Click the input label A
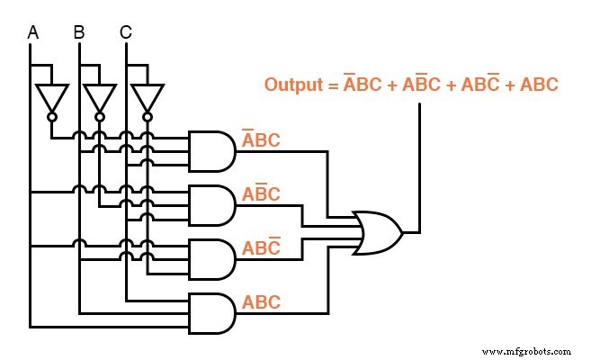pyautogui.click(x=33, y=33)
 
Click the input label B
pyautogui.click(x=79, y=33)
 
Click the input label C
pyautogui.click(x=126, y=33)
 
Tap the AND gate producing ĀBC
pyautogui.click(x=211, y=150)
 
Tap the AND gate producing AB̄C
pyautogui.click(x=211, y=205)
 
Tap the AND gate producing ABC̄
pyautogui.click(x=211, y=259)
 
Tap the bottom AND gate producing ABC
pyautogui.click(x=211, y=313)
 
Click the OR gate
pyautogui.click(x=378, y=232)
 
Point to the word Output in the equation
pyautogui.click(x=293, y=85)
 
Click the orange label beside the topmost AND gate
pyautogui.click(x=261, y=139)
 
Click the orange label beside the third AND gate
pyautogui.click(x=261, y=247)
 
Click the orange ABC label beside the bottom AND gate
pyautogui.click(x=261, y=302)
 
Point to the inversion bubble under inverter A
pyautogui.click(x=51, y=117)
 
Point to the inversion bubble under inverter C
pyautogui.click(x=147, y=117)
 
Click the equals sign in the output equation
pyautogui.click(x=332, y=85)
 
